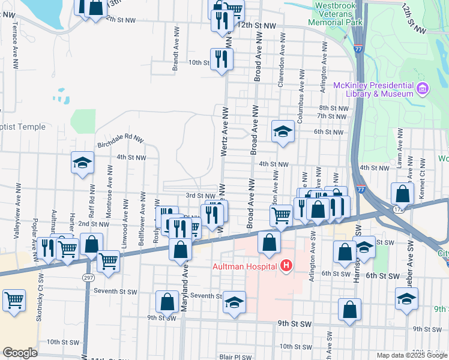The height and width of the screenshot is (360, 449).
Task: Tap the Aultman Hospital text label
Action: coord(245,265)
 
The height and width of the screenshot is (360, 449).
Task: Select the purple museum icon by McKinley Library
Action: coord(423,89)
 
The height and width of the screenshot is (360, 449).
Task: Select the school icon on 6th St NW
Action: coord(282,131)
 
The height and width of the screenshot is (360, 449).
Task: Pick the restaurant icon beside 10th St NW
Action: coord(221,59)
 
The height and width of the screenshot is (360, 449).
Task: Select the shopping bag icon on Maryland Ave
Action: coord(180,248)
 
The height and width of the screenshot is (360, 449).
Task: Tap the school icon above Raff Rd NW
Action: coord(82,163)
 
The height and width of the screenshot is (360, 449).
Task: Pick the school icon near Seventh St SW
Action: coord(234,302)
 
